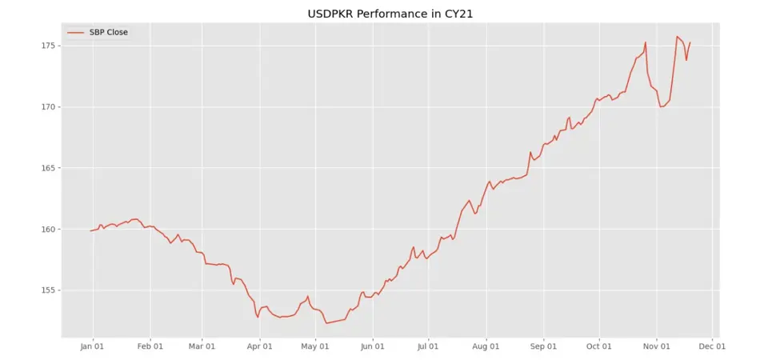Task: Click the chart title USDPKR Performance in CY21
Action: [379, 14]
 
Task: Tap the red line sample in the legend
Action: [76, 32]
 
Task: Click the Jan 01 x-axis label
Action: [93, 347]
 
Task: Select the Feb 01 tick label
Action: [150, 347]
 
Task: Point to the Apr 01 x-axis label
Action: [259, 347]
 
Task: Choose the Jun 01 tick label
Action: [372, 347]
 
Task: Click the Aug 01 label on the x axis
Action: [486, 347]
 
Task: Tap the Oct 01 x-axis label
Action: [598, 347]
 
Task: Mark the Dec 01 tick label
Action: [712, 347]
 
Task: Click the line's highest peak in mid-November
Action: [677, 36]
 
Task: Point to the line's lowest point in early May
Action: [326, 323]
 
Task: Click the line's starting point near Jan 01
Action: [91, 230]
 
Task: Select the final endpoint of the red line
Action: [690, 42]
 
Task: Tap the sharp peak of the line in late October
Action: [645, 42]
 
